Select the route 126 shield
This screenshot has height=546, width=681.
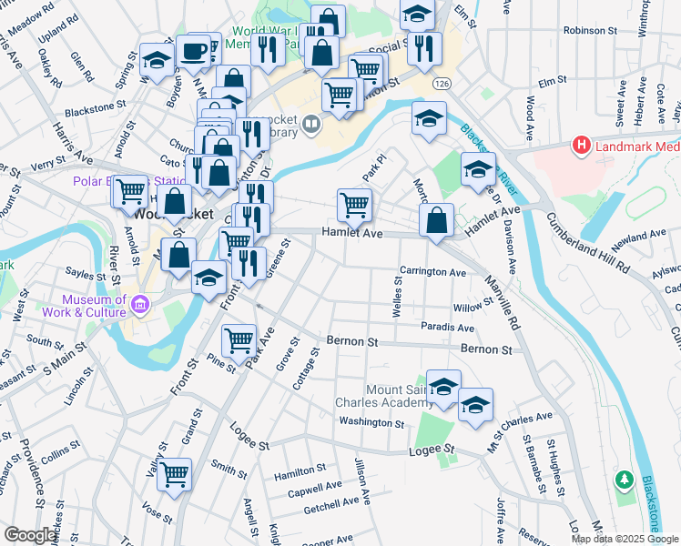coord(442,84)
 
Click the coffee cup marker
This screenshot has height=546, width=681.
coord(193,52)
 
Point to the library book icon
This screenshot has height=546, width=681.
coord(311,123)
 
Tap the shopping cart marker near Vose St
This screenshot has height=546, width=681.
coord(174,473)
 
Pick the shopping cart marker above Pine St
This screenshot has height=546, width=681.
coord(239,340)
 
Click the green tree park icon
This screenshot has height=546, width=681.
coord(624,479)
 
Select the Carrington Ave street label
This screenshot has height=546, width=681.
coord(432,272)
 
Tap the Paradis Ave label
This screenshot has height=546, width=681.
coord(447,328)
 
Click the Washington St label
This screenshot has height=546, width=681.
coord(371,422)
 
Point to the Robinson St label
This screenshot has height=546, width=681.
coord(590,30)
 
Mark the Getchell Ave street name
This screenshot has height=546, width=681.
coord(331,504)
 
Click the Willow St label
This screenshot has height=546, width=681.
coord(473,308)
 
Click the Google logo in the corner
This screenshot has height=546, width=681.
coord(30,535)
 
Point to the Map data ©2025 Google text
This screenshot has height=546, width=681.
coord(625,539)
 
